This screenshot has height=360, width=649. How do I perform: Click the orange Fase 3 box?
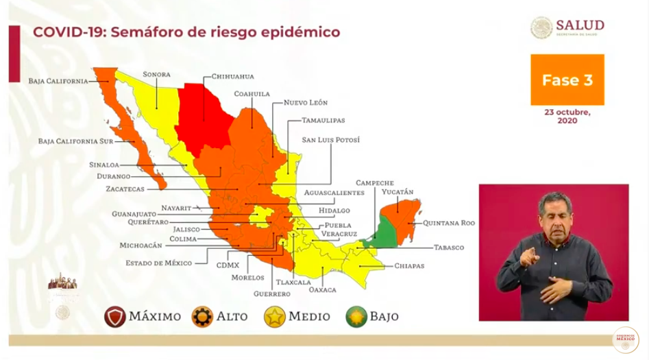[x=567, y=80]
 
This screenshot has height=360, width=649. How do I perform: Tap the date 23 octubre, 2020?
[x=567, y=116]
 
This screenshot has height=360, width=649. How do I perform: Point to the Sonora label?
[x=156, y=74]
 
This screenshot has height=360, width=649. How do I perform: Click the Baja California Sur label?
[x=75, y=141]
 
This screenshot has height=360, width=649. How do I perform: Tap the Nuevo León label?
[x=306, y=102]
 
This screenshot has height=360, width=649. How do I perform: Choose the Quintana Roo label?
[x=448, y=223]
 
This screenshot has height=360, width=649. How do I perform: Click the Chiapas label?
[x=409, y=265]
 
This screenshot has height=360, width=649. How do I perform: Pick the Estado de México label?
[x=158, y=263]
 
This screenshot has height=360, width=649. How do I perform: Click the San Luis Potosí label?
[x=330, y=140]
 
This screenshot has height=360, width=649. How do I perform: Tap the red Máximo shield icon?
[x=114, y=316]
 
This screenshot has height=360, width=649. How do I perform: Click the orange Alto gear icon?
[x=202, y=316]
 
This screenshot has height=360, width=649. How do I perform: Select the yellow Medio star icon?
[x=274, y=316]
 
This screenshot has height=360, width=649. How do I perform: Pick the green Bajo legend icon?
[x=356, y=316]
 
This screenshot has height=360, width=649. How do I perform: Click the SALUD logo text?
[x=580, y=25]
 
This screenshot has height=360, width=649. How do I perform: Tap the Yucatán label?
[x=397, y=192]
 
